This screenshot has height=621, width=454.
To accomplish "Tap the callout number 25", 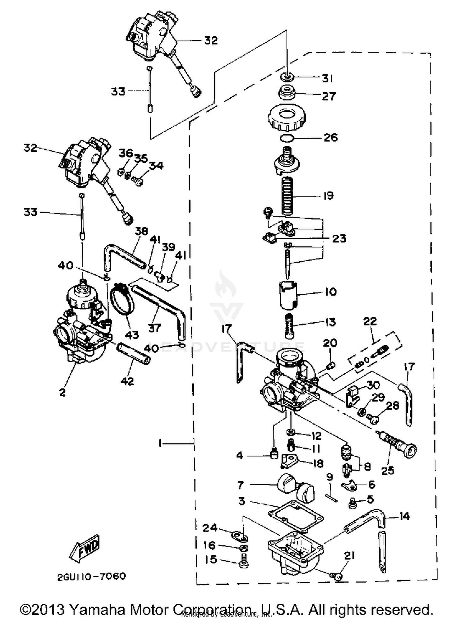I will (388, 470).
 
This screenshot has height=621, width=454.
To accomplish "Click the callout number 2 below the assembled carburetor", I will (62, 393).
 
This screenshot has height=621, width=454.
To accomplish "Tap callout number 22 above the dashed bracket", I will (370, 321).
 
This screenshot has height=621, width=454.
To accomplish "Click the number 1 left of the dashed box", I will (160, 443).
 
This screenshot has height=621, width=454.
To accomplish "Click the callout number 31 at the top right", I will (327, 79).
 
